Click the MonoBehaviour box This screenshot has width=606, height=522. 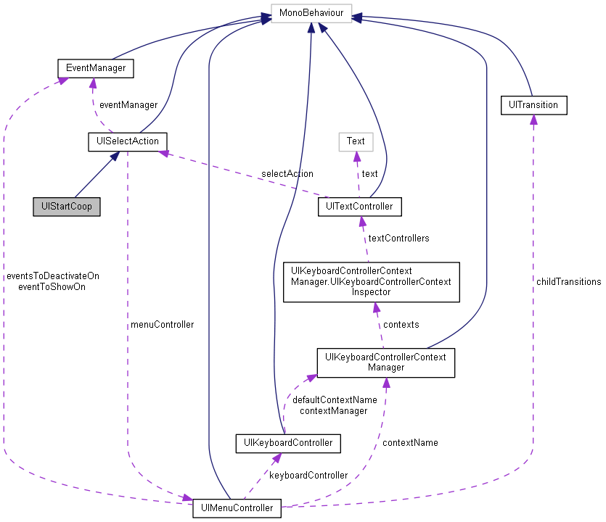coord(311,14)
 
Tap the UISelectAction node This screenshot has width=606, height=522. coord(128,141)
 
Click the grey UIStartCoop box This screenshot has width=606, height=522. coord(67,207)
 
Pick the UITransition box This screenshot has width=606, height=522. coord(533,105)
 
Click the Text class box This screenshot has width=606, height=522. coord(356,141)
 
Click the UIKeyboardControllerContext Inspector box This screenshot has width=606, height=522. coord(371,281)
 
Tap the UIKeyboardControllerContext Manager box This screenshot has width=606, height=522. coord(385,362)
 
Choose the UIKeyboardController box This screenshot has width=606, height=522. coord(288,442)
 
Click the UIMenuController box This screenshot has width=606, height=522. coord(237,508)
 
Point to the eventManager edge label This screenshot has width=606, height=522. coord(128,105)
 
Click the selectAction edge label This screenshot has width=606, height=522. coord(287,173)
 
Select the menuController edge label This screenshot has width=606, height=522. coord(161,325)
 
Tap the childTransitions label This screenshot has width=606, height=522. coord(568,281)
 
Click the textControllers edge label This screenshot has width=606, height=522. coord(398,238)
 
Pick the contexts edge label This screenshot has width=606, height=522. coord(401,324)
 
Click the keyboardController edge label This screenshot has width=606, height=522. coord(308,475)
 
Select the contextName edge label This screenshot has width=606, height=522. coord(410,442)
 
